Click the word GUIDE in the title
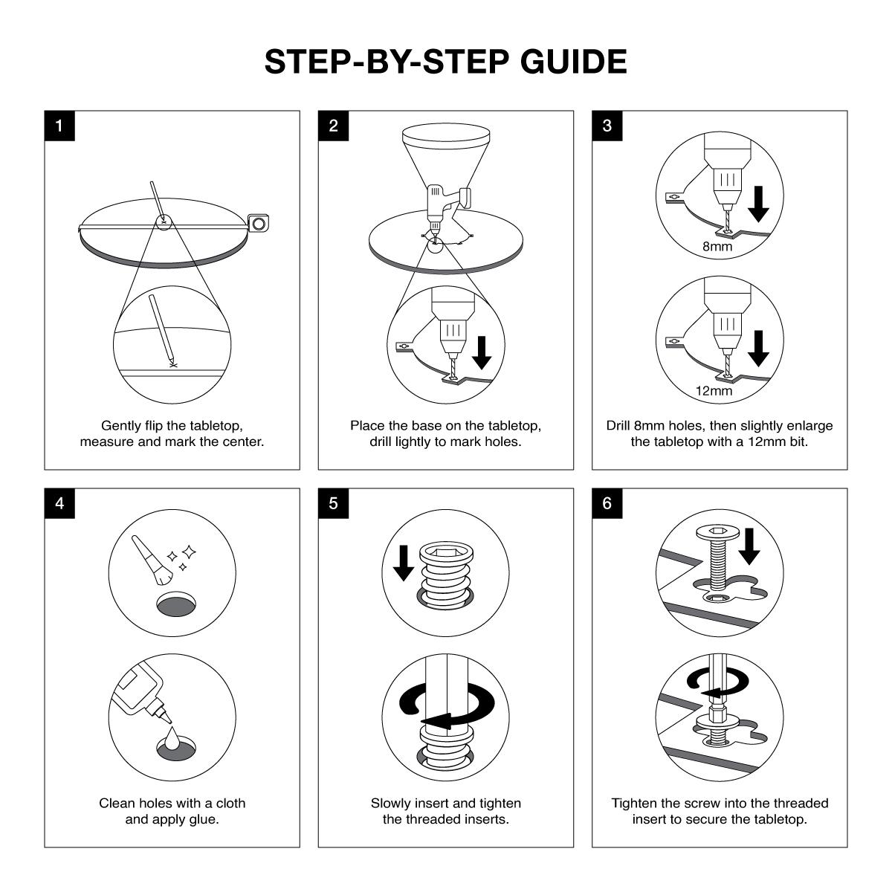(574, 62)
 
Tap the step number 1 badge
(59, 126)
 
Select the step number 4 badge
(59, 503)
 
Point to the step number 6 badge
(607, 503)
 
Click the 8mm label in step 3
(717, 247)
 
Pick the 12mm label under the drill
(714, 391)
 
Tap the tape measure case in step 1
(258, 224)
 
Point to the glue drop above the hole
(172, 738)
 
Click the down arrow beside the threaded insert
(403, 563)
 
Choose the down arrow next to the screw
(749, 546)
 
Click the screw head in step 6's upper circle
(716, 533)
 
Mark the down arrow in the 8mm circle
(758, 204)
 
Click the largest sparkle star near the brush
(189, 552)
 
